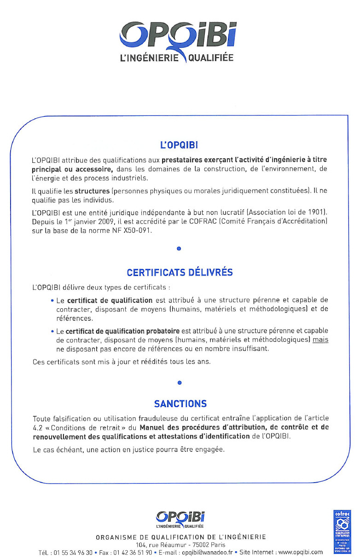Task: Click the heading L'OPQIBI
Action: (179, 145)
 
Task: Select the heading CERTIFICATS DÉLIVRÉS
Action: (180, 272)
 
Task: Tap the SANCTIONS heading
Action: (180, 404)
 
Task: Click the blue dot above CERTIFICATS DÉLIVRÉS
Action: (179, 249)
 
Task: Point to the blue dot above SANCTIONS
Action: (180, 382)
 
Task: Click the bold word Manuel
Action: (153, 427)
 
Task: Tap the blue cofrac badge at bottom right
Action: (342, 531)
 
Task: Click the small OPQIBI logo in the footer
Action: (180, 519)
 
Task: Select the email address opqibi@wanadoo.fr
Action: (206, 552)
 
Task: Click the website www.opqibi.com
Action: (301, 552)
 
